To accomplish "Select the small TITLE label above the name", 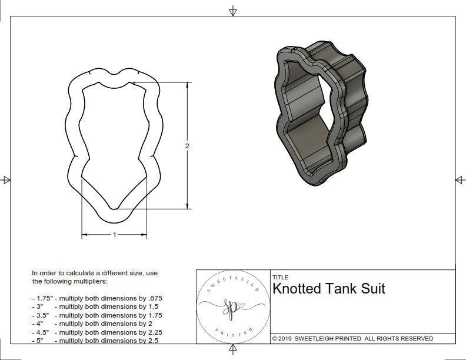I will click(280, 277).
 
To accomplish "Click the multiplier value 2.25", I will click(151, 332).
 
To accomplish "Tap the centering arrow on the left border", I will click(6, 180).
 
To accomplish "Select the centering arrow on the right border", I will click(460, 180).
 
